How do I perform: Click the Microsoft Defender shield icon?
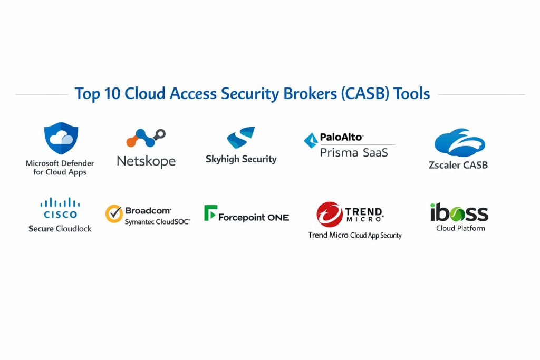pos(61,139)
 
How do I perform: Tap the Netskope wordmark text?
pos(146,161)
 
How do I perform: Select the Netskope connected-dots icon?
pos(146,138)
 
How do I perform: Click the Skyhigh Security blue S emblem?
pos(241,138)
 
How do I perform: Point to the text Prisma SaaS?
pos(354,153)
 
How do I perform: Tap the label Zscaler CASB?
pos(458,165)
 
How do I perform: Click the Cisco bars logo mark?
pos(60,202)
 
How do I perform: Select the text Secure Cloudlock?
pos(60,228)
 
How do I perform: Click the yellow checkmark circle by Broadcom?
pos(114,214)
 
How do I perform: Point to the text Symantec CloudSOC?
pos(157,222)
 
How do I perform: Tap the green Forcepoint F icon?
pos(210,212)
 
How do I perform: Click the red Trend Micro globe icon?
pos(330,215)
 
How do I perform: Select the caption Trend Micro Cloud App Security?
pos(355,235)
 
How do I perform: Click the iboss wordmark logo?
pos(459,213)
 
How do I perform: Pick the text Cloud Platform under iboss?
pos(460,228)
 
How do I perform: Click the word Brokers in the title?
pos(308,94)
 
